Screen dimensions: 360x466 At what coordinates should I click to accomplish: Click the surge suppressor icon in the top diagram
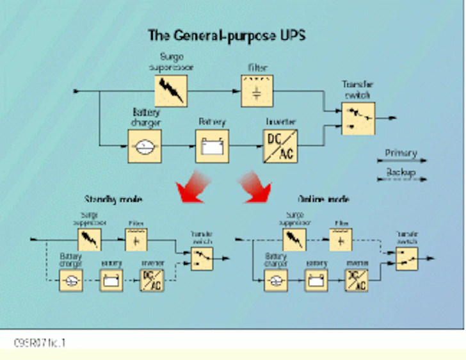click(x=171, y=90)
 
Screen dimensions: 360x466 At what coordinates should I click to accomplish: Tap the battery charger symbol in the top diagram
click(x=144, y=146)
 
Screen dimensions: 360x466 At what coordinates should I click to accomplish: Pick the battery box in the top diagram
click(x=212, y=146)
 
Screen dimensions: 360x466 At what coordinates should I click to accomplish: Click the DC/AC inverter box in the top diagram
click(x=280, y=146)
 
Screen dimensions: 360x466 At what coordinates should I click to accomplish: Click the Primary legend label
click(x=401, y=153)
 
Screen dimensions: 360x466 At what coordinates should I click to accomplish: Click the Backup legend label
click(x=401, y=173)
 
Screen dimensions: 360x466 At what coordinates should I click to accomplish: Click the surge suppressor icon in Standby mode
click(x=89, y=240)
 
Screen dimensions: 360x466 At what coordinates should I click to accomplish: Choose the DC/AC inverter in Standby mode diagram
click(x=152, y=280)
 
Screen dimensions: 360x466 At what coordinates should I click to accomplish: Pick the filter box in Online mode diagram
click(x=341, y=240)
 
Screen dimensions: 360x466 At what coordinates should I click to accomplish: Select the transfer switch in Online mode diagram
click(x=406, y=258)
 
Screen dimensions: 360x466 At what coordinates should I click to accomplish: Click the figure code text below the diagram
click(x=40, y=343)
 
